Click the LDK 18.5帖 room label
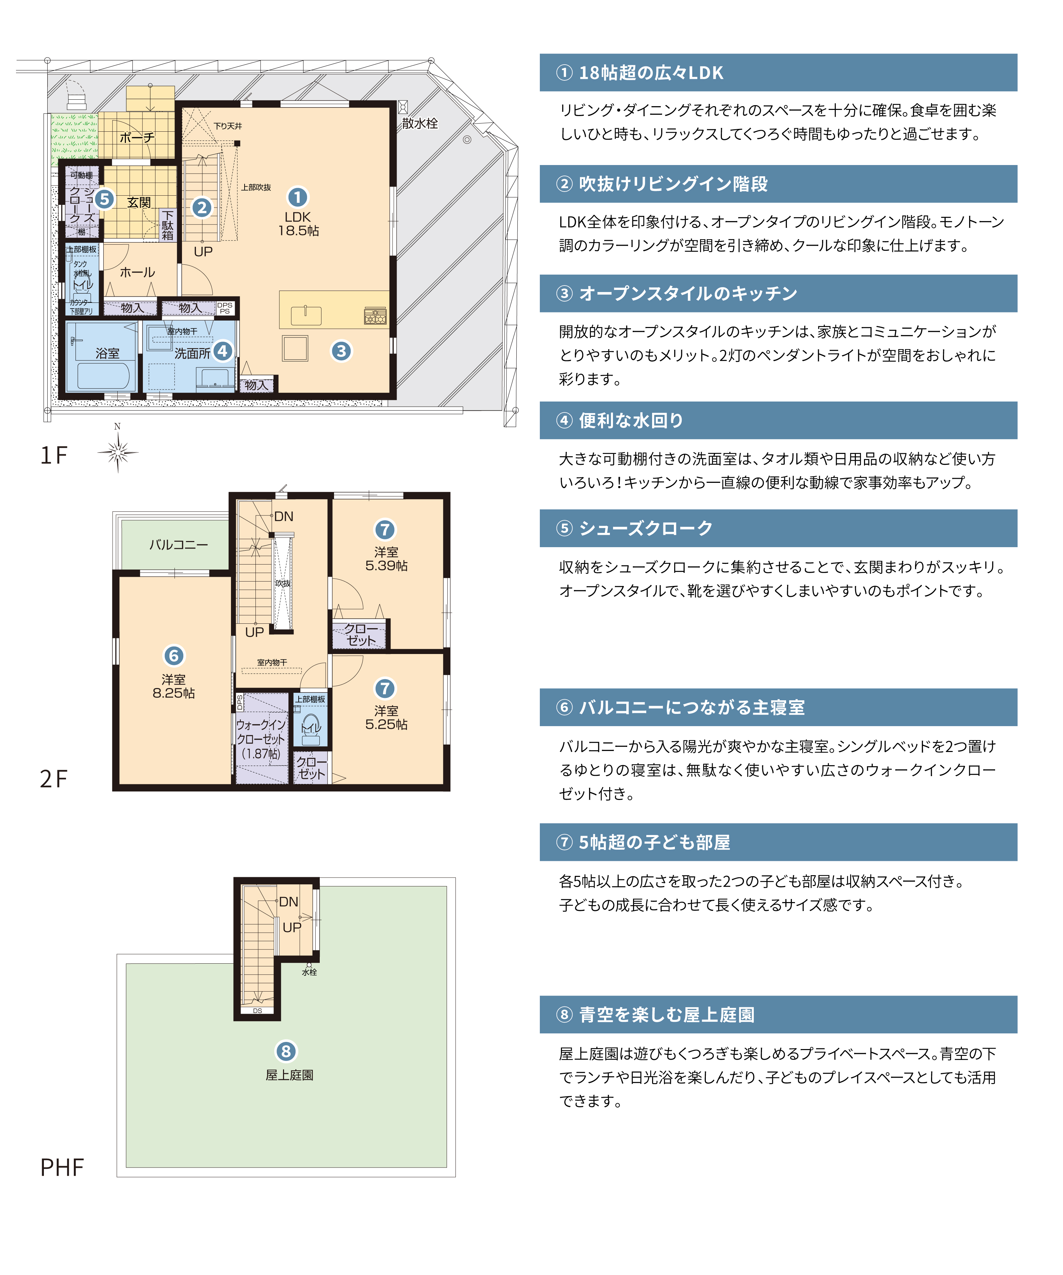tap(298, 224)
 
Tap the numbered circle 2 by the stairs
tap(202, 208)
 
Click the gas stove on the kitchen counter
tap(375, 316)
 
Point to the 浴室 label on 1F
tap(107, 353)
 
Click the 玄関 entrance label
tap(139, 202)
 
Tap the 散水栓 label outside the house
tap(419, 123)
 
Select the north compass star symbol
tap(118, 452)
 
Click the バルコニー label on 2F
tap(179, 545)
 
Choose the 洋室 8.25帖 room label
tap(173, 686)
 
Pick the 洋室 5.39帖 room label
tap(386, 559)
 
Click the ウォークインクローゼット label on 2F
tap(261, 739)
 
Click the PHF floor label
tap(62, 1167)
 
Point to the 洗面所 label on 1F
tap(193, 353)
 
